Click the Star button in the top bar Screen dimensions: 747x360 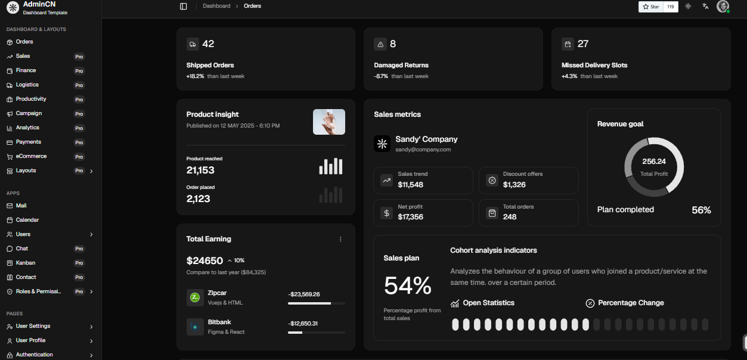[650, 7]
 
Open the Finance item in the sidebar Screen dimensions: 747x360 [26, 70]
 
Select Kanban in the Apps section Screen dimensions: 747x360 [26, 263]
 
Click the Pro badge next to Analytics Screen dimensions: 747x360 [79, 128]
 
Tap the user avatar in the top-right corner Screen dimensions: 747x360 [723, 7]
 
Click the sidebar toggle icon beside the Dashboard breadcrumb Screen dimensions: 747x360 [184, 7]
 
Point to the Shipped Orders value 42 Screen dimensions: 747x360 [208, 44]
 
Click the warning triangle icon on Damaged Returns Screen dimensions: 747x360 [380, 44]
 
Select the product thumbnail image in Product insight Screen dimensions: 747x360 [329, 122]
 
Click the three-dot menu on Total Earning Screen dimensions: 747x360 [340, 239]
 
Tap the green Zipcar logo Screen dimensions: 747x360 [195, 297]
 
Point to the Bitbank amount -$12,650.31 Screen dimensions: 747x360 [303, 323]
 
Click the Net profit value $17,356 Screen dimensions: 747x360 [410, 217]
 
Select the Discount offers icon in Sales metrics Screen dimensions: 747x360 [492, 181]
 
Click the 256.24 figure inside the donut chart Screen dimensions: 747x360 [654, 162]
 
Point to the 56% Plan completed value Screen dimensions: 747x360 [701, 210]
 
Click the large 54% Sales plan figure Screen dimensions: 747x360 [408, 285]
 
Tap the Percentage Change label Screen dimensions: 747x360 [631, 303]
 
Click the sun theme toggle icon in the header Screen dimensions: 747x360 [688, 7]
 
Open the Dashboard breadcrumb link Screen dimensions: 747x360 [216, 6]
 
